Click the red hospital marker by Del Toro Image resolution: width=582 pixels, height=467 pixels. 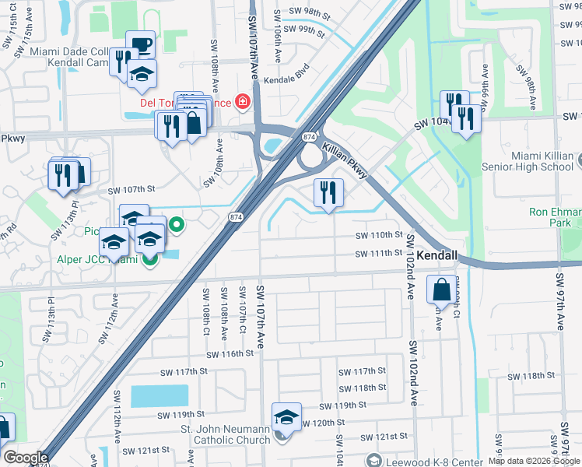[243, 102]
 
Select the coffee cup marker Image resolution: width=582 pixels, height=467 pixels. [141, 44]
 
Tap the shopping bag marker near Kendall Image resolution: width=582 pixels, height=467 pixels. [441, 289]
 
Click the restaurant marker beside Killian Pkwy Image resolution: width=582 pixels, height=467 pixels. [328, 191]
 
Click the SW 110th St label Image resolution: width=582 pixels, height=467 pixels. [378, 234]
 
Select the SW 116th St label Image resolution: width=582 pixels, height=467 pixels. [230, 353]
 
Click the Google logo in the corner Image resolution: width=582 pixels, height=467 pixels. [26, 458]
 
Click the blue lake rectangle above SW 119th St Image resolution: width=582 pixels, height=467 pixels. [160, 395]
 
